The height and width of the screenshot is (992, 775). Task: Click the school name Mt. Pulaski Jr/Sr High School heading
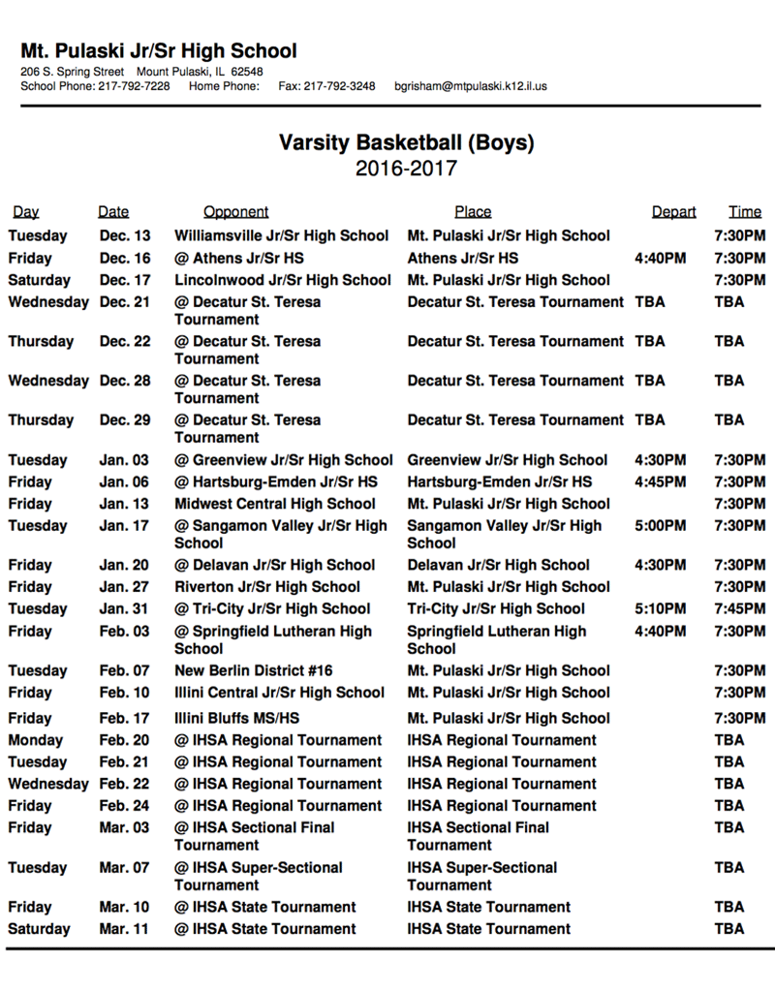click(x=159, y=51)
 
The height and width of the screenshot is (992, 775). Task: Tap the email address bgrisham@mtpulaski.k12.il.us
click(x=470, y=86)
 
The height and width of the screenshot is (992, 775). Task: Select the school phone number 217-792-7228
click(x=134, y=86)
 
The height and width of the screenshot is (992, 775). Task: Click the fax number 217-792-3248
click(x=339, y=86)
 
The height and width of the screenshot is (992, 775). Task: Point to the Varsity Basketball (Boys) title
click(x=406, y=143)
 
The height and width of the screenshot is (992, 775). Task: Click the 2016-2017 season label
click(x=406, y=170)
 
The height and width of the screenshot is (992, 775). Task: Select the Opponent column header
click(x=235, y=212)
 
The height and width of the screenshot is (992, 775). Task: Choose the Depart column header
click(x=673, y=212)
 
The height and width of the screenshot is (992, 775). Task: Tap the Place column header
click(x=473, y=212)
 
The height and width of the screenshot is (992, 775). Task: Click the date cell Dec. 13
click(x=125, y=235)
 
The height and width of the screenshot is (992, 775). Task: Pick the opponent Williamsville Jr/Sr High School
click(x=281, y=235)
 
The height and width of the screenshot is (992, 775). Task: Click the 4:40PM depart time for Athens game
click(x=660, y=259)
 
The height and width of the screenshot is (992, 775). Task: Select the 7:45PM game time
click(x=739, y=609)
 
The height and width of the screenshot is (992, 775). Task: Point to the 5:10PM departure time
click(x=660, y=609)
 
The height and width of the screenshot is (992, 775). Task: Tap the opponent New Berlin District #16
click(x=253, y=670)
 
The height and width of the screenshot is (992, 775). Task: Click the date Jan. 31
click(x=124, y=609)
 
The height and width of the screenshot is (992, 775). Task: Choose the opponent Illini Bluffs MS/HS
click(x=236, y=718)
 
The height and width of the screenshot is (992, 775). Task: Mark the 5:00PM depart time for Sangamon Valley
click(x=660, y=526)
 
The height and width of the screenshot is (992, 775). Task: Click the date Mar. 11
click(x=124, y=929)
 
